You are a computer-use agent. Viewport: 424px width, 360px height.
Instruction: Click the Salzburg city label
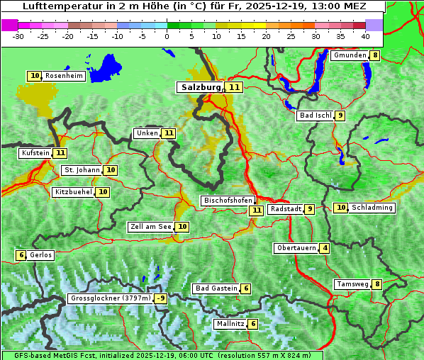(x=201, y=87)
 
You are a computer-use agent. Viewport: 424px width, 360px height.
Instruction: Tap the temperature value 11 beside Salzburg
(x=234, y=87)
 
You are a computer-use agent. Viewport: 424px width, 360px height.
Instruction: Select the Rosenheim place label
(x=64, y=76)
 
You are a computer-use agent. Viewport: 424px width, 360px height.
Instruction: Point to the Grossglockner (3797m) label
(x=111, y=298)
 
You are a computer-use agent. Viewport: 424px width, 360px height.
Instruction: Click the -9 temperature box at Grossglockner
(x=161, y=298)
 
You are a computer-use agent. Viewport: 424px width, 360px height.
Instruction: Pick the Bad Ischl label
(x=315, y=116)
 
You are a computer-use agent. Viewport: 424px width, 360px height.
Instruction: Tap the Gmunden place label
(x=350, y=55)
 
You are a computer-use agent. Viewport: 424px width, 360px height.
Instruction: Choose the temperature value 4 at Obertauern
(x=324, y=248)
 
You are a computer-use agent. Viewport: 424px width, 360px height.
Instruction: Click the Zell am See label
(x=151, y=227)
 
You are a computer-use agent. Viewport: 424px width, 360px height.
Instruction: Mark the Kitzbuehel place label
(x=73, y=191)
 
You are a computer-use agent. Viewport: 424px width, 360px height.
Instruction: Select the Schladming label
(x=372, y=208)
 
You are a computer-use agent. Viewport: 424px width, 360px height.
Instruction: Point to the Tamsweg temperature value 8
(x=377, y=284)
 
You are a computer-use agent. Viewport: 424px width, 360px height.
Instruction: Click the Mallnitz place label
(x=230, y=324)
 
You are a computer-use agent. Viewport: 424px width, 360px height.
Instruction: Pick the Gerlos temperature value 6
(x=21, y=255)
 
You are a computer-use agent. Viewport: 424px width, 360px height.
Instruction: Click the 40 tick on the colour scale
(x=364, y=35)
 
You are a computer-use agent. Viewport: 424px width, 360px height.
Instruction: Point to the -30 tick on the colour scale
(x=18, y=35)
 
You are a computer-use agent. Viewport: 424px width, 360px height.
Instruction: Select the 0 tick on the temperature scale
(x=167, y=35)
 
